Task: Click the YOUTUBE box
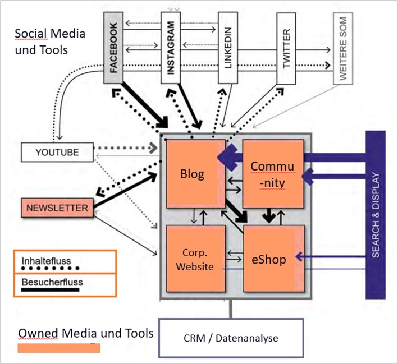pyautogui.click(x=57, y=152)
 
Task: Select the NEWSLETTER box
pyautogui.click(x=57, y=208)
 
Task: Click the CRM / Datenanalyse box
pyautogui.click(x=231, y=338)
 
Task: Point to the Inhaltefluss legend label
pyautogui.click(x=42, y=261)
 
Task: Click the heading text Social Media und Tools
pyautogui.click(x=50, y=42)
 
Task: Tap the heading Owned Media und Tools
pyautogui.click(x=86, y=334)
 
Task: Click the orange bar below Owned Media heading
pyautogui.click(x=58, y=348)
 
